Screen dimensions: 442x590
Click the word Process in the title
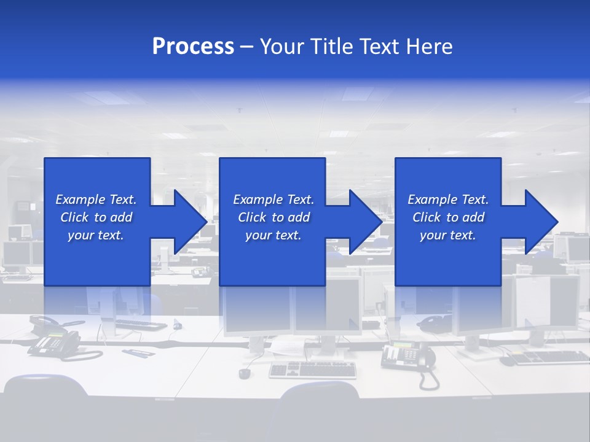pos(193,47)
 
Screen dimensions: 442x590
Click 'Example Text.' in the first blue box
pos(96,200)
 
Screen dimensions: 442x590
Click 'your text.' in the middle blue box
pos(273,235)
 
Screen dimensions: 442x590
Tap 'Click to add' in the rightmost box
pos(448,217)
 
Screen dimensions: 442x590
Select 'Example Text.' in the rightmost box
pos(448,200)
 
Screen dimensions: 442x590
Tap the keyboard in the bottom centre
pos(312,370)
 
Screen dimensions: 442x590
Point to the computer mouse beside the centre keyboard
pos(245,373)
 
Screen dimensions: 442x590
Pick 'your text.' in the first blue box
pos(96,235)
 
